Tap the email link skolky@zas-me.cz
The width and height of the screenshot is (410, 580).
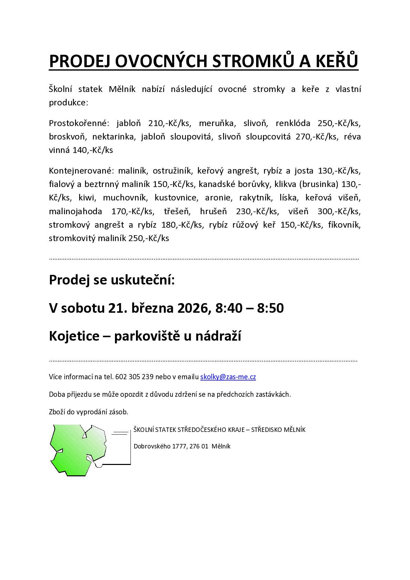point(228,377)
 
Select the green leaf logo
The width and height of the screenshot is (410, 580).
point(78,449)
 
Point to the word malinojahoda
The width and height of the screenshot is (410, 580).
point(75,211)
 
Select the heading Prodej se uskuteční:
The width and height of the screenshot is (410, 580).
point(112,280)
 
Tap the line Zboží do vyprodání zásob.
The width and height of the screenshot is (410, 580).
point(88,412)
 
